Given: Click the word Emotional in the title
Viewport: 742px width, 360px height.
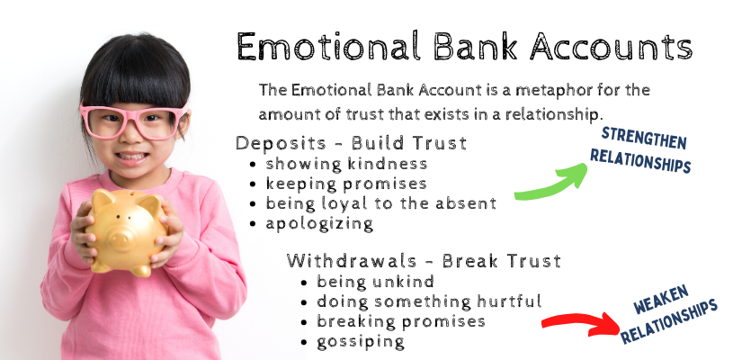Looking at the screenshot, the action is [x=328, y=47].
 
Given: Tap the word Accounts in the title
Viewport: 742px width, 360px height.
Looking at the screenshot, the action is [x=611, y=47].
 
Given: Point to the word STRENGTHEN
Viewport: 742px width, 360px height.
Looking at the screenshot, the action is [x=644, y=138].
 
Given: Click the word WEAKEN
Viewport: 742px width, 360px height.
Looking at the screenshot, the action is [x=661, y=300].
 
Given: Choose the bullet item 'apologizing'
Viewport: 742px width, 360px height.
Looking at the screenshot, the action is [x=319, y=224].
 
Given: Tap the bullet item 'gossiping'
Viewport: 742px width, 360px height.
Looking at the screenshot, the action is [x=361, y=342].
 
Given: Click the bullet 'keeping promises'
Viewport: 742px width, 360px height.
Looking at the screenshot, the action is [x=346, y=184].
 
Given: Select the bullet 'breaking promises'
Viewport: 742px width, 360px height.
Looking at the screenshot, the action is [x=401, y=321].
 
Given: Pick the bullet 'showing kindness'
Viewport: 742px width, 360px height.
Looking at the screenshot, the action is [x=346, y=164].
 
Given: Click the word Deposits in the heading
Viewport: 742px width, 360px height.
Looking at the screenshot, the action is [x=282, y=143].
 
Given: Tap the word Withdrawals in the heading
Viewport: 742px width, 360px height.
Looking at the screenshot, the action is [x=352, y=261].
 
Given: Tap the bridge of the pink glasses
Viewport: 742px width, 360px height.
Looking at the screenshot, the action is [x=133, y=114].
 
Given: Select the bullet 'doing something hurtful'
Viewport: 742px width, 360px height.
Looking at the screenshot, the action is [x=429, y=301].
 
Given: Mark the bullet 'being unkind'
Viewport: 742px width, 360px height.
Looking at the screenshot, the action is [x=375, y=282].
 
